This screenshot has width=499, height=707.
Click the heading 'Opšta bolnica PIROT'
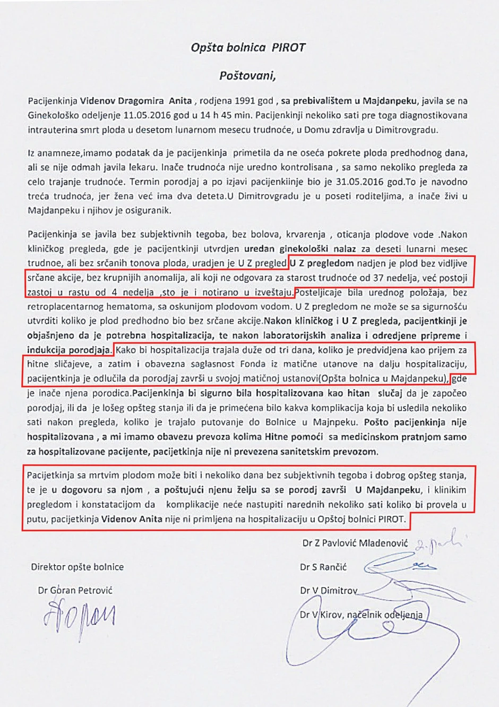point(248,48)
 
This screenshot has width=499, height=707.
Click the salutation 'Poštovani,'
point(248,76)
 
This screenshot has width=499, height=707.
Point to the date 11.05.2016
point(145,115)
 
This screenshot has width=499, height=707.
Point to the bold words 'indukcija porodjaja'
point(69,350)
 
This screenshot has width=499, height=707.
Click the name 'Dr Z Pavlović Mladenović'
point(355,543)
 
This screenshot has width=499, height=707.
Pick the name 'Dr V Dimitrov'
point(328,591)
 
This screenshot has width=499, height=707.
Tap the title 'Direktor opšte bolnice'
point(77,567)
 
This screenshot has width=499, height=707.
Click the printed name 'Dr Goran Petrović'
point(75,590)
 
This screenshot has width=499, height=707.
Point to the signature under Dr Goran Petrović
point(80,616)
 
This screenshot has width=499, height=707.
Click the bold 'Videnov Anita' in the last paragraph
point(132,519)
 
